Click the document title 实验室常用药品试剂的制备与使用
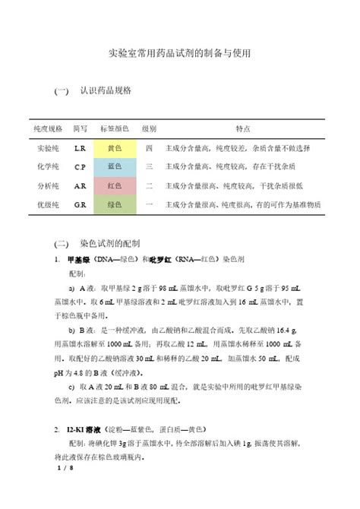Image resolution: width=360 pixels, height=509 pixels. [x=180, y=54]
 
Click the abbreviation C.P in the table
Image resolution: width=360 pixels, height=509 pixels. [x=80, y=166]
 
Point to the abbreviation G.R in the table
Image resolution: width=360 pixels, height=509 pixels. [x=80, y=205]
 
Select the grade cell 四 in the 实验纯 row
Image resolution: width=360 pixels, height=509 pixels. [x=150, y=147]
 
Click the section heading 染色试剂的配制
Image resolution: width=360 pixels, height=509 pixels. [x=110, y=245]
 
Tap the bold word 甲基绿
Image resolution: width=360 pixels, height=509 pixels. [x=79, y=259]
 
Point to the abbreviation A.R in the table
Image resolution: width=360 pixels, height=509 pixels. [x=80, y=185]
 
